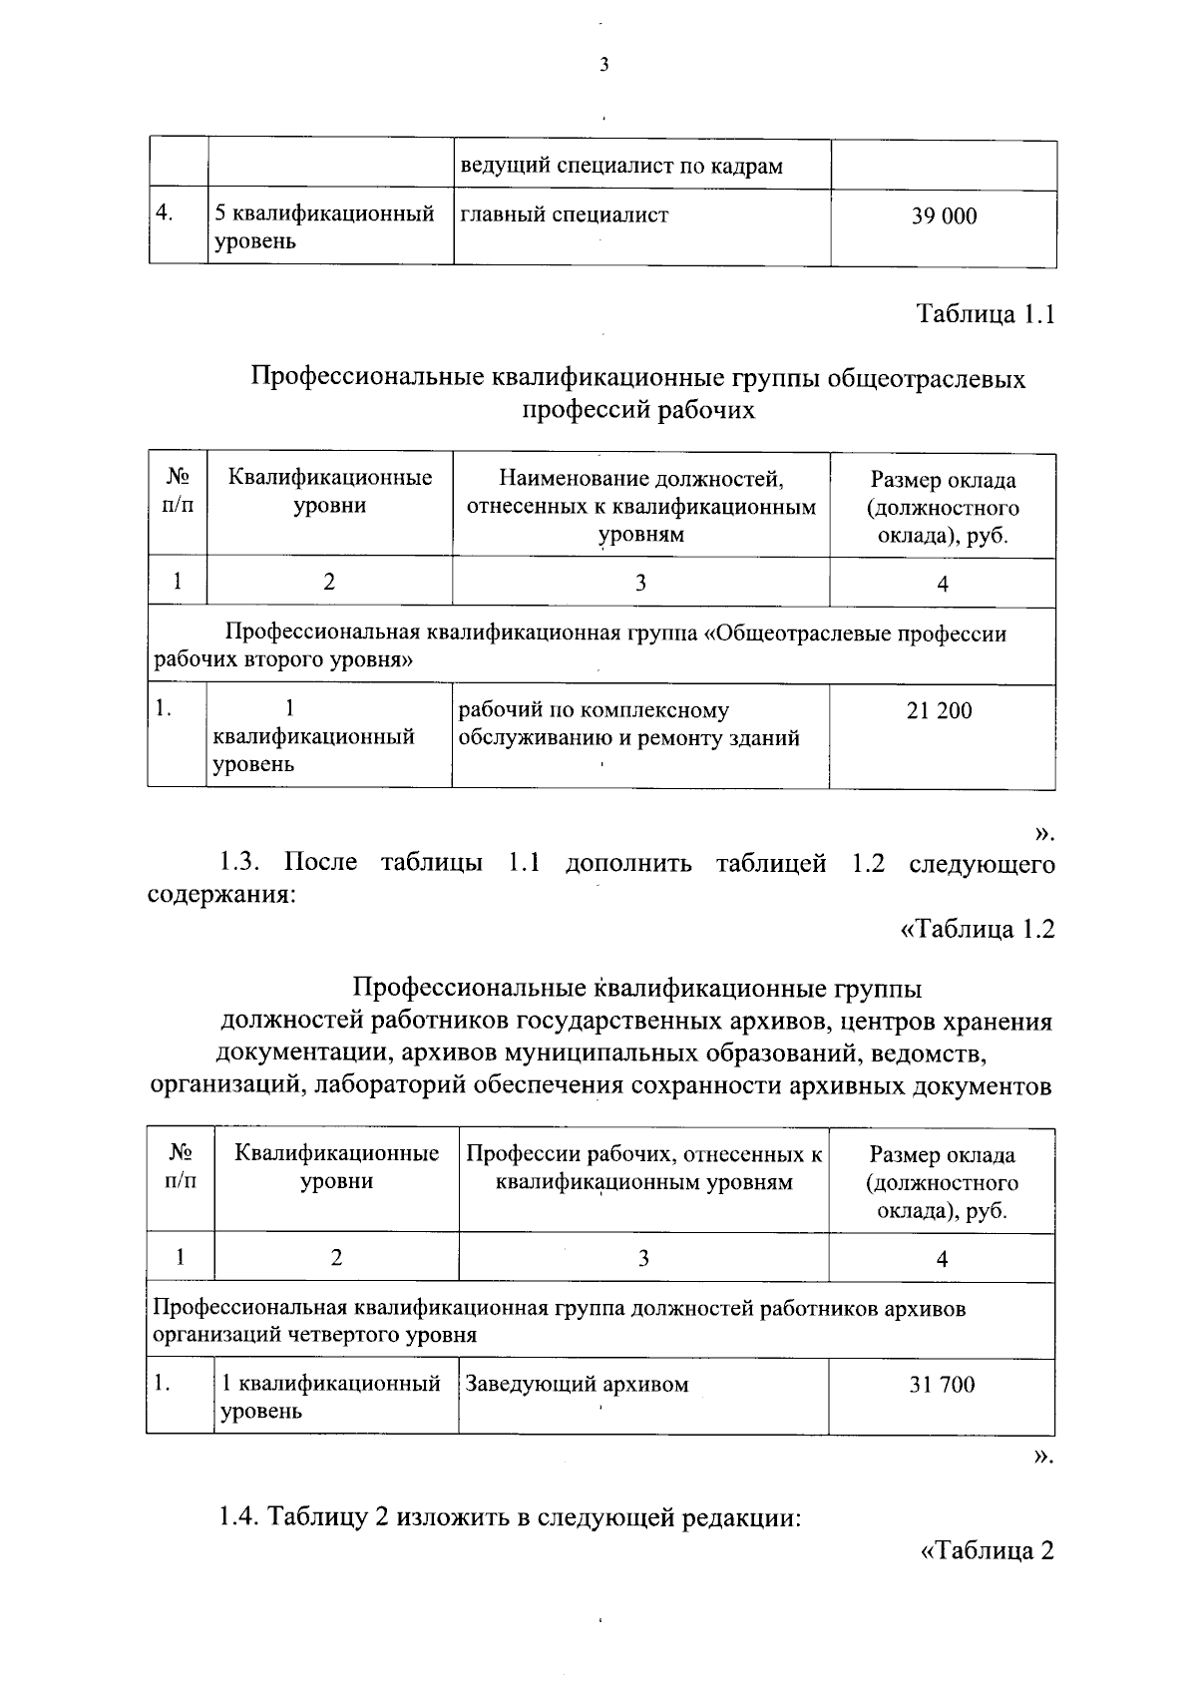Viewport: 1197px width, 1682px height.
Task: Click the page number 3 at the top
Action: (x=602, y=67)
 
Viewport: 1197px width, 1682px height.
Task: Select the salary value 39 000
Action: (x=943, y=215)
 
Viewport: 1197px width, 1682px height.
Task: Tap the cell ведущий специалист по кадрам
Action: (x=620, y=166)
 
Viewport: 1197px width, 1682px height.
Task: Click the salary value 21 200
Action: (x=939, y=710)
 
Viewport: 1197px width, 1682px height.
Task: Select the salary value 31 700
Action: (x=942, y=1384)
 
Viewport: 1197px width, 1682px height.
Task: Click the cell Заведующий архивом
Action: (x=577, y=1384)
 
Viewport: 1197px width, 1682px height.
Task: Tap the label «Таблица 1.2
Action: (x=978, y=929)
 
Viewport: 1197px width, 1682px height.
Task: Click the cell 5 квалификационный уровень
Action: (x=324, y=227)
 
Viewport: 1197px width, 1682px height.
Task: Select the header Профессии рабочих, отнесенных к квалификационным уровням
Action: (x=643, y=1168)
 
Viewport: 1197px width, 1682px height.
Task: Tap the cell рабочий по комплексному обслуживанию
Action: (x=628, y=724)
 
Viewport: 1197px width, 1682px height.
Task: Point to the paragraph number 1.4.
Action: (x=239, y=1518)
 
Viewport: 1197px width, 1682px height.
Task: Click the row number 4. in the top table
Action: (x=166, y=213)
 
